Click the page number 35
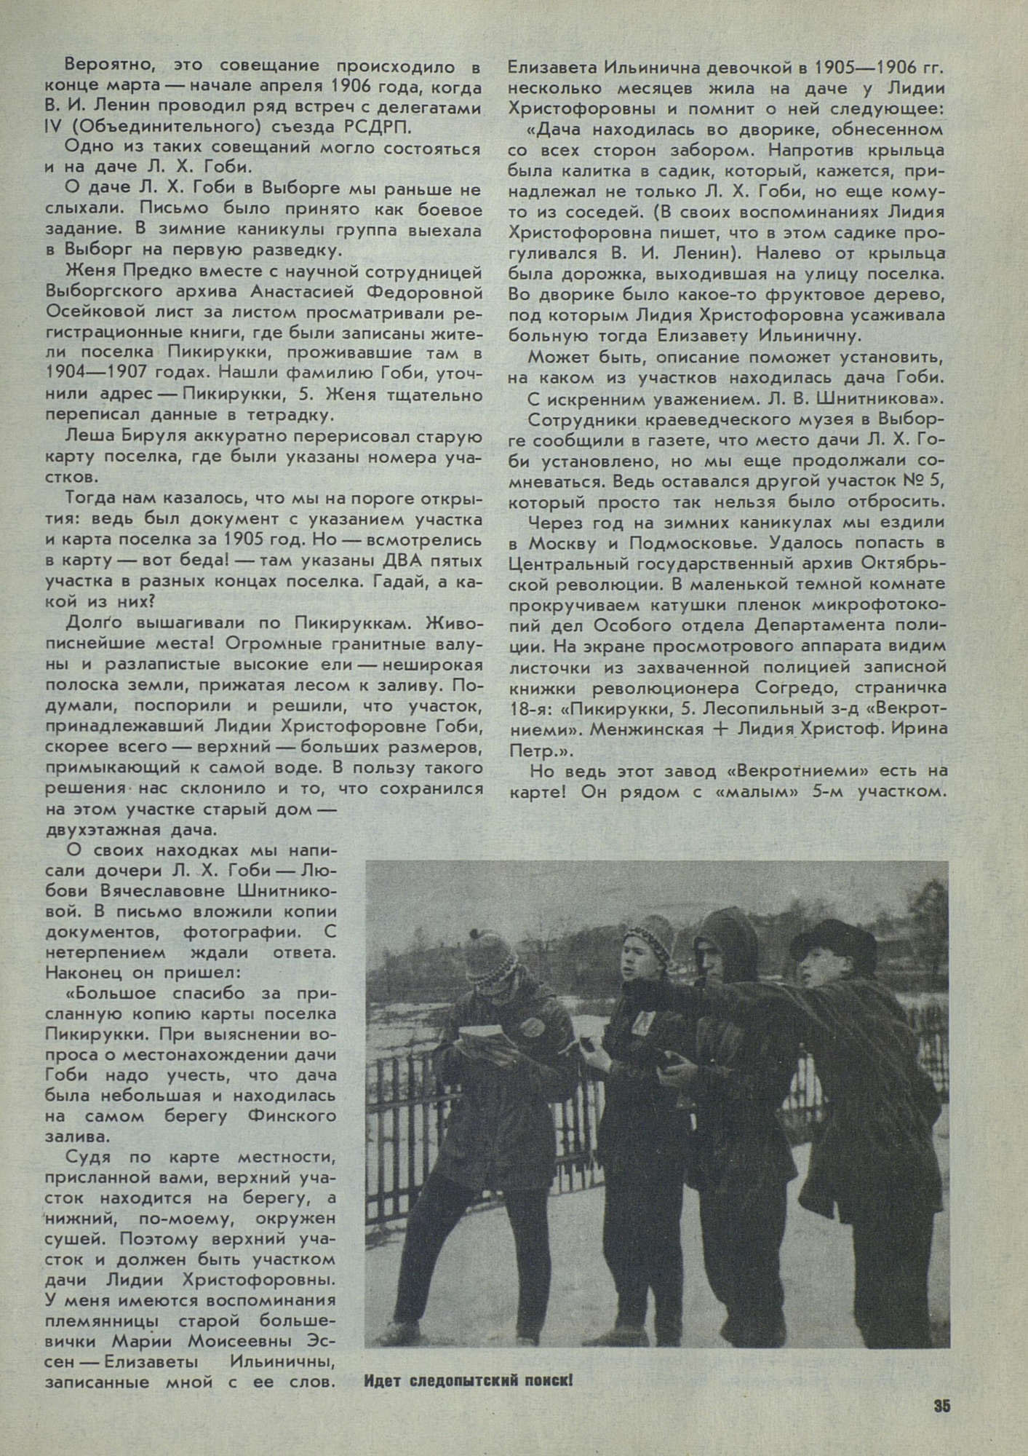[941, 1406]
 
